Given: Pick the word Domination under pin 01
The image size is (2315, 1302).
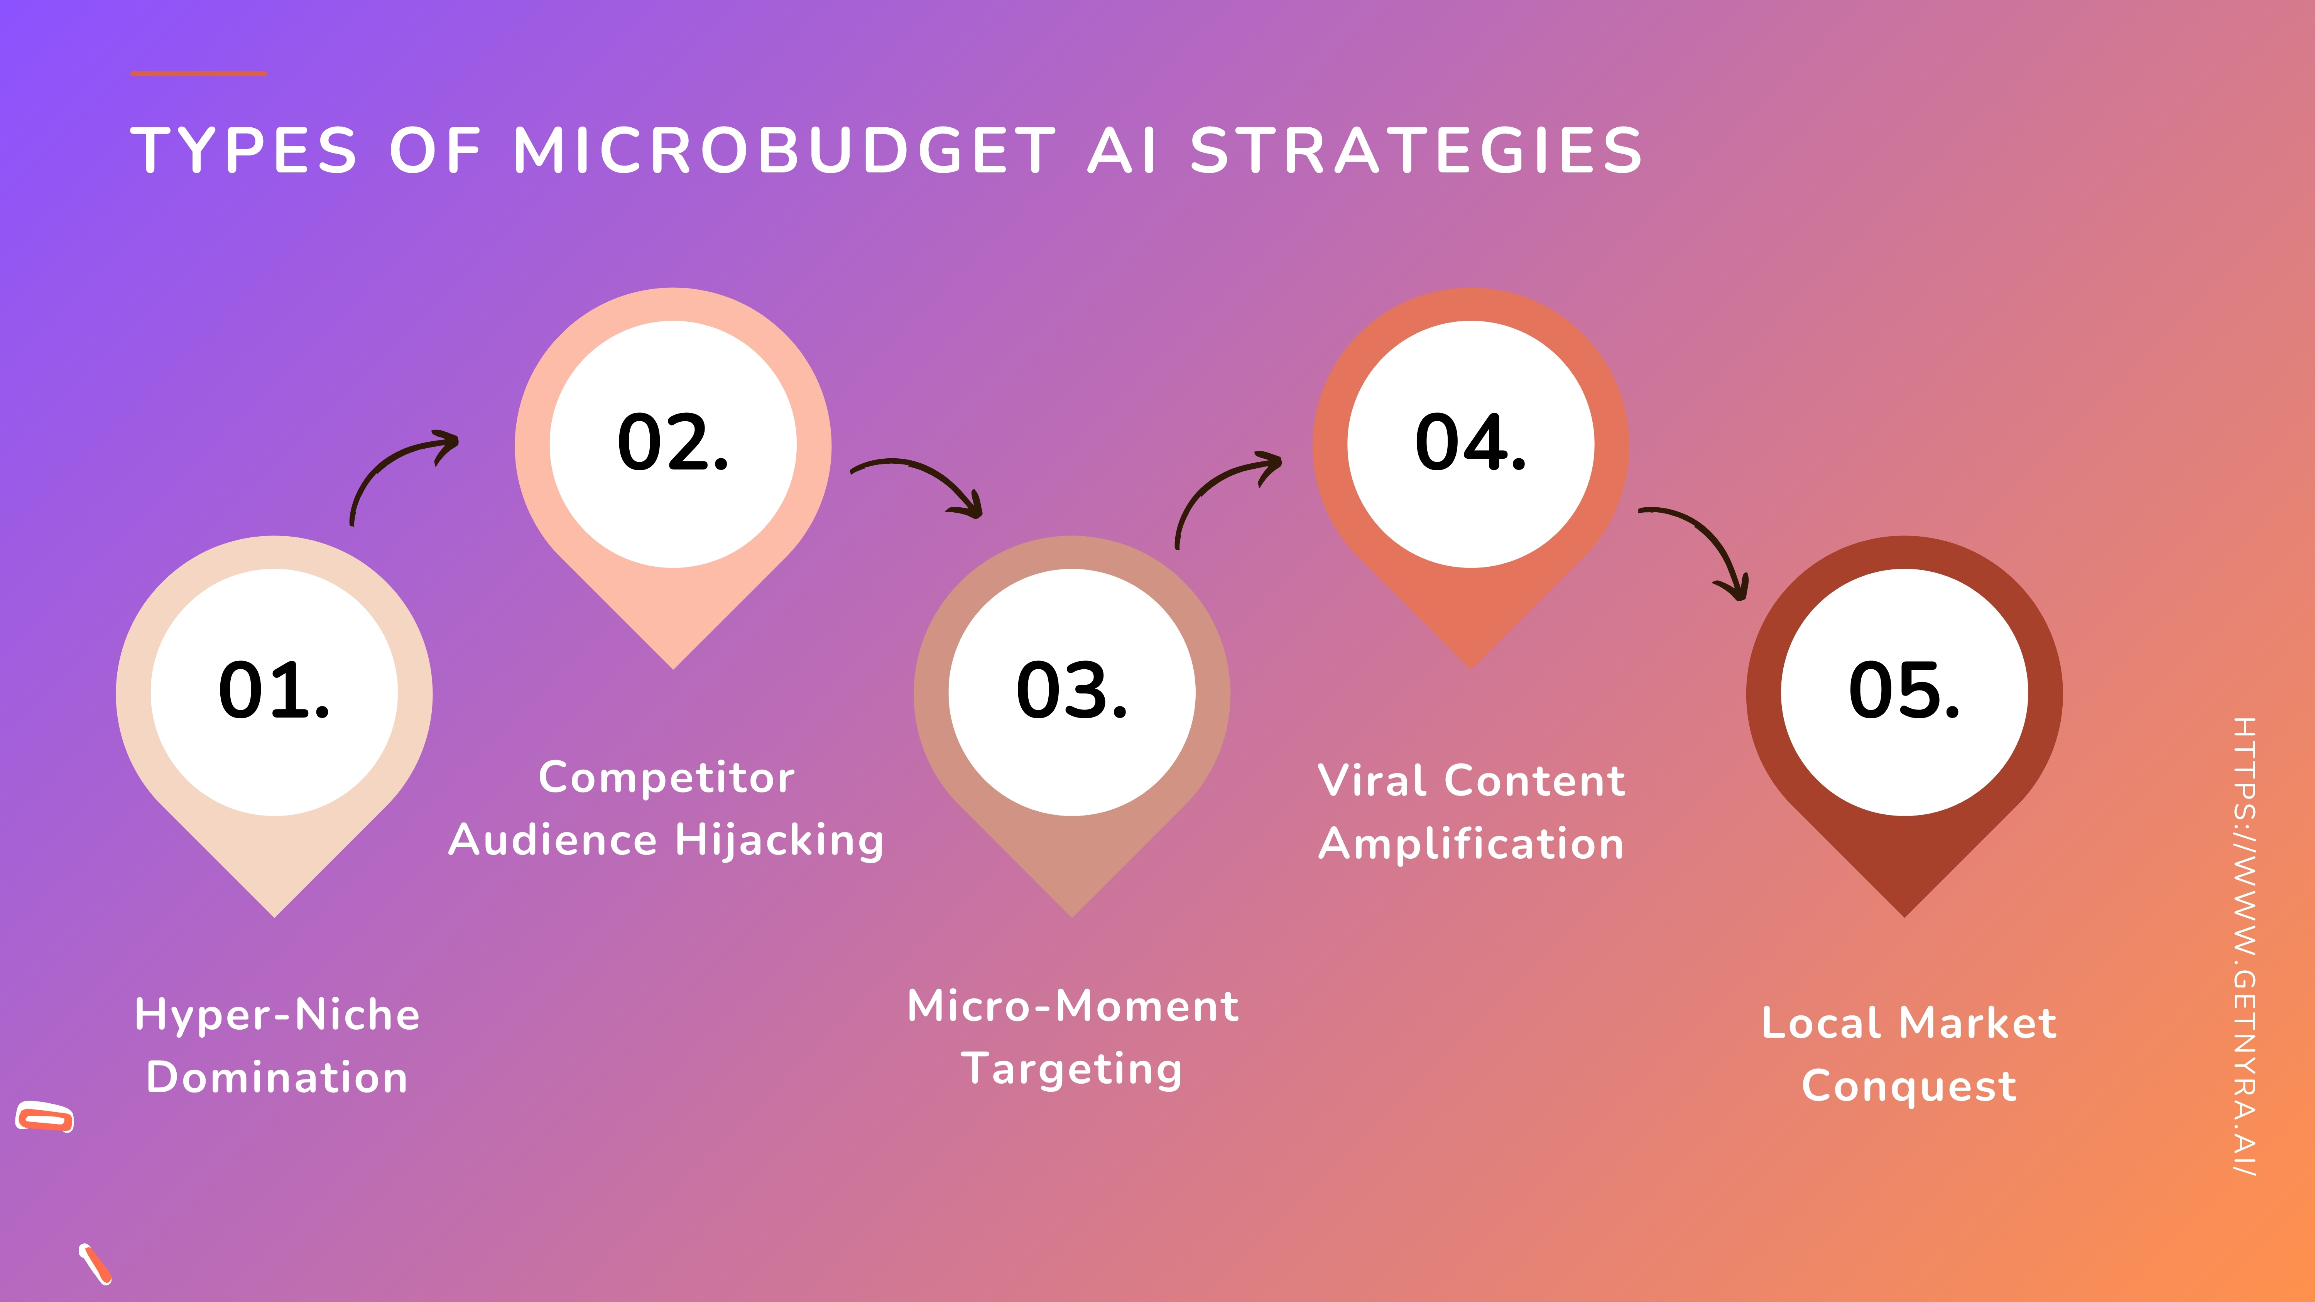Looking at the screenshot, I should [277, 1077].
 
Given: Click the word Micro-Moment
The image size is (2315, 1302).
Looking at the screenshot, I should [1073, 1006].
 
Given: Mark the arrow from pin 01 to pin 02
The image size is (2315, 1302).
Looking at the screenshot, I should [395, 467].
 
